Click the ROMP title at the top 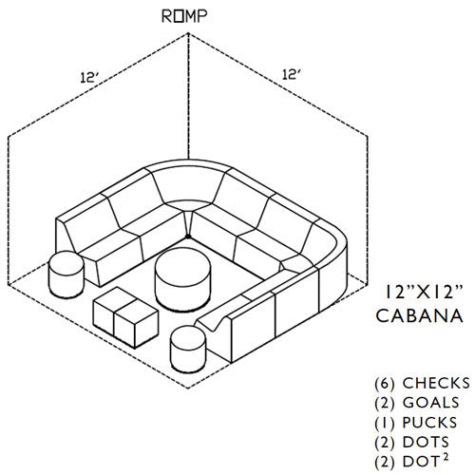184,16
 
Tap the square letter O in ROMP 179,16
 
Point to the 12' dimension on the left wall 89,77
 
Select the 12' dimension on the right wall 291,75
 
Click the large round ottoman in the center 182,279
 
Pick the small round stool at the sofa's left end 66,275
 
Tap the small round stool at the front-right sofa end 188,349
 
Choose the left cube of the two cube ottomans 110,310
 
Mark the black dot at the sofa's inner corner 188,237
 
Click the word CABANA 420,315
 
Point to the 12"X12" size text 424,292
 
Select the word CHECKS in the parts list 436,383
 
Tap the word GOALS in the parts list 430,403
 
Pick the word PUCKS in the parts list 429,423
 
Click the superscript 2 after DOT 445,458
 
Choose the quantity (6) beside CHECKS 385,384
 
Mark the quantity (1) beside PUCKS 385,423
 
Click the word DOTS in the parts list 426,443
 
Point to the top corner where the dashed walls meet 188,32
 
